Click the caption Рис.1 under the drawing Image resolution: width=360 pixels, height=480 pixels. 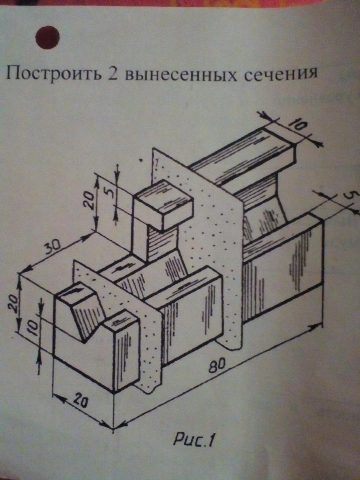click(x=193, y=440)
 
